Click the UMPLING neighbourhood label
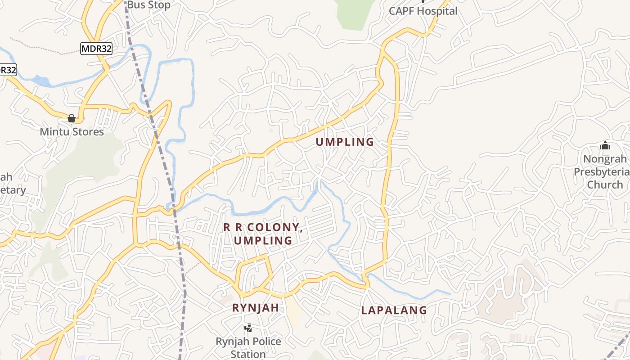(x=345, y=142)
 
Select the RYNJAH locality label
(x=255, y=308)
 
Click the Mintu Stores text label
(x=72, y=132)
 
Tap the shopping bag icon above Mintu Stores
(x=72, y=118)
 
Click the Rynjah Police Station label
(x=248, y=347)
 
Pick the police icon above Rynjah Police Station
(x=248, y=328)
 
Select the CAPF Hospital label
(x=423, y=11)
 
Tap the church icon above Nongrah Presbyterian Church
(x=605, y=145)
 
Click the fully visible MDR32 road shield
(x=96, y=49)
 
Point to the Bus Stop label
(x=148, y=5)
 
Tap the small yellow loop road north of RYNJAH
(x=255, y=273)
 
